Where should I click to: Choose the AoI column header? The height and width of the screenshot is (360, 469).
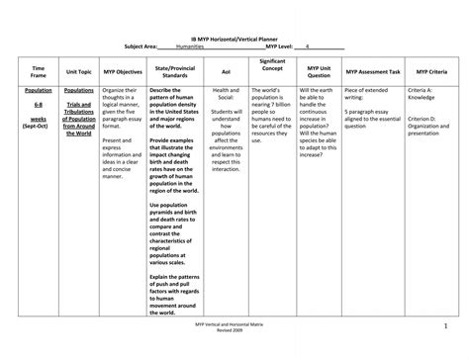[226, 73]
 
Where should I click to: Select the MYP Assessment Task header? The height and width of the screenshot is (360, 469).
[373, 73]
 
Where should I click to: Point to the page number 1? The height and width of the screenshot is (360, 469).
[445, 327]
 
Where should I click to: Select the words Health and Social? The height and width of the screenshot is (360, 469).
[226, 94]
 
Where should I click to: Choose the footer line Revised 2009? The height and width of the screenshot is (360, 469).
[234, 334]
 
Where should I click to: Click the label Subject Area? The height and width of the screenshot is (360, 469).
[141, 46]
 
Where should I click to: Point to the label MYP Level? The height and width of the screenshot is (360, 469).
[285, 46]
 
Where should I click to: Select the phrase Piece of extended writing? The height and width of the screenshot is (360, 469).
[371, 94]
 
